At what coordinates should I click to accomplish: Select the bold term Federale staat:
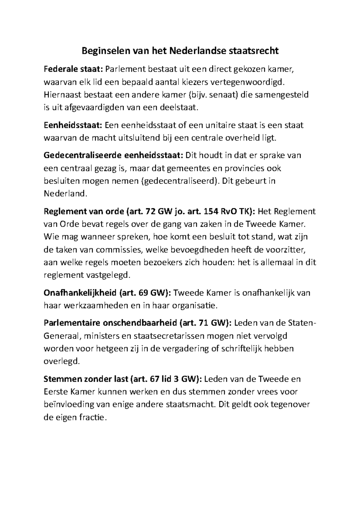point(73,69)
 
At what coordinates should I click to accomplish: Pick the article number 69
point(143,293)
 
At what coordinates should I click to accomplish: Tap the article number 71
point(204,323)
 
